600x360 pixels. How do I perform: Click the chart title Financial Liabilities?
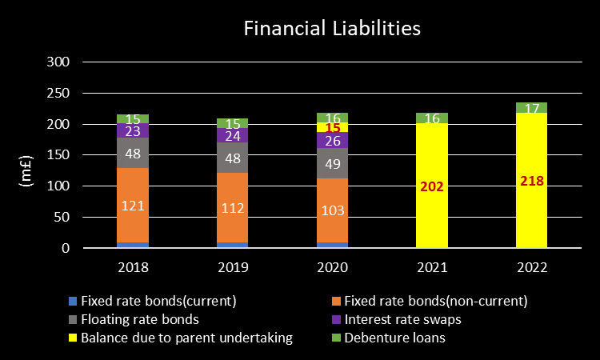click(331, 30)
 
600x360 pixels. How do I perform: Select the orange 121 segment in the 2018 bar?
click(132, 206)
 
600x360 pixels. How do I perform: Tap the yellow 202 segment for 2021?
click(432, 186)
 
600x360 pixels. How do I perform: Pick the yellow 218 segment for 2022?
click(531, 181)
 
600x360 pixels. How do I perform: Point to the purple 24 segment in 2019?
click(232, 135)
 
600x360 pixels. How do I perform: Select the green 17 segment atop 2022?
click(531, 107)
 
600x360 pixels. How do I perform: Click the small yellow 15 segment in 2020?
click(332, 127)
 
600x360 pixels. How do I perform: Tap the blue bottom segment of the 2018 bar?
click(132, 245)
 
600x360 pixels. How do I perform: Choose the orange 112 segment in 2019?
click(232, 208)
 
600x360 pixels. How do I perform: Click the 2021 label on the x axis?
click(432, 266)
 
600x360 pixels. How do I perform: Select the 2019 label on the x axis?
click(232, 266)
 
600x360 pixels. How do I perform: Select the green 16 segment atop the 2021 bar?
click(432, 118)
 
